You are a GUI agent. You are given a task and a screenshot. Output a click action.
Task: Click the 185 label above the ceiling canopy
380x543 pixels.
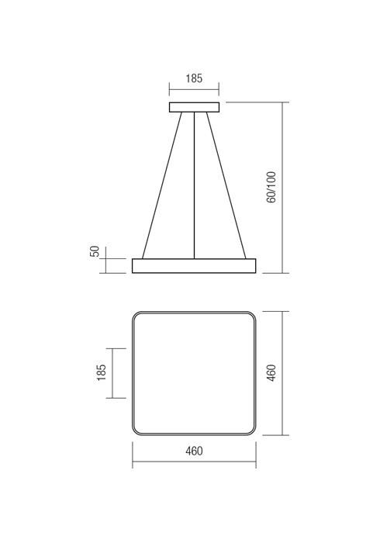(x=194, y=78)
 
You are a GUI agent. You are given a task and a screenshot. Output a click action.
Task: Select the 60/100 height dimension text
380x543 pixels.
(x=271, y=188)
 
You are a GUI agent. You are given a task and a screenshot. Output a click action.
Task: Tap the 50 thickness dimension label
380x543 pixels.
(x=95, y=251)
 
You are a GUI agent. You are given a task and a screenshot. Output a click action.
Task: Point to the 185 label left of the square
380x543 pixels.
(x=101, y=373)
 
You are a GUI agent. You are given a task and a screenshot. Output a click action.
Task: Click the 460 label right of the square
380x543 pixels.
(x=271, y=373)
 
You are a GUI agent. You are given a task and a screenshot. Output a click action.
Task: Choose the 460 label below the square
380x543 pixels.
(x=194, y=451)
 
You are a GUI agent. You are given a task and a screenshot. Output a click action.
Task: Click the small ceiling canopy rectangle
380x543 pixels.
(x=194, y=107)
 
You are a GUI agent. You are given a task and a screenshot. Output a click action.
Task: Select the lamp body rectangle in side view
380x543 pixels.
(x=194, y=266)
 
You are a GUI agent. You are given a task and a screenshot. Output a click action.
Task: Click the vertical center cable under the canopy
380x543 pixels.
(x=194, y=186)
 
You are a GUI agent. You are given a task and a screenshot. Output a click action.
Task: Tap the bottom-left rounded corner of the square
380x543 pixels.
(x=136, y=431)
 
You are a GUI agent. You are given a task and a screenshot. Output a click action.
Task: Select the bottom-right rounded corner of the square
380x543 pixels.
(x=251, y=431)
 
